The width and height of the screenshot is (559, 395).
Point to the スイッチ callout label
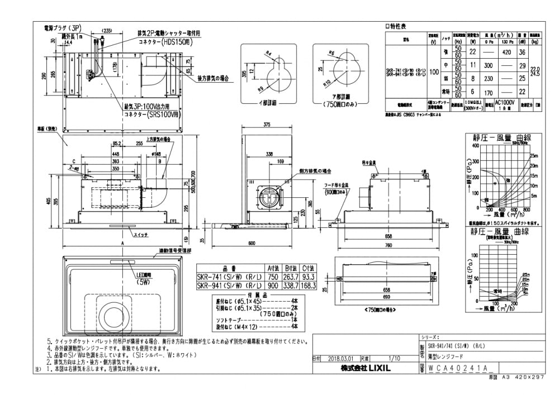(x=140, y=236)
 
